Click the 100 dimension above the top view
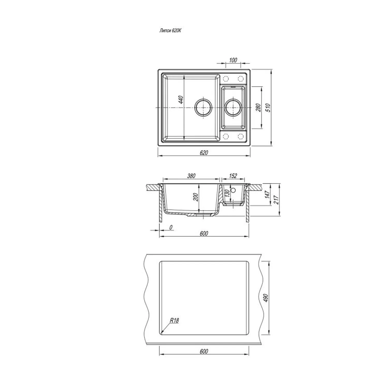[x=233, y=60]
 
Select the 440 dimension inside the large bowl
[x=181, y=100]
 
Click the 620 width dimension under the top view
[x=204, y=153]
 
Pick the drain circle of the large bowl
[x=203, y=107]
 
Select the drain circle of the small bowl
[x=234, y=107]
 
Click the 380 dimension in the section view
[x=191, y=176]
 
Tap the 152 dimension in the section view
[x=233, y=176]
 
